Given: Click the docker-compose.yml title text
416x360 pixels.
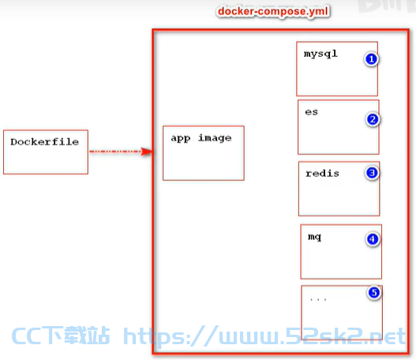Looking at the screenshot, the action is coord(273,11).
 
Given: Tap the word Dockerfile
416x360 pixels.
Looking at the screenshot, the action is coord(44,142).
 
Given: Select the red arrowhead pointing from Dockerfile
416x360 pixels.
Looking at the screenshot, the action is coord(147,152).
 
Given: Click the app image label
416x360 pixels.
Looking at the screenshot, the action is coord(201,138).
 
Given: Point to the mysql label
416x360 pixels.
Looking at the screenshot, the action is coord(320,54).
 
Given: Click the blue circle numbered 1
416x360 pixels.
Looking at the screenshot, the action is coord(372,59).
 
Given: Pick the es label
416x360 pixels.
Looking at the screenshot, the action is coord(312,112).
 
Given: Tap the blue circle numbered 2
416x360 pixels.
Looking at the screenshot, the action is coord(373,119).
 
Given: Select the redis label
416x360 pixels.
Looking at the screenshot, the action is coord(322,173).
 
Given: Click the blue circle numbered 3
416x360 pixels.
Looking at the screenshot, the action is coord(372,173).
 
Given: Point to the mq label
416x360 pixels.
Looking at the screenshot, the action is coord(314,237).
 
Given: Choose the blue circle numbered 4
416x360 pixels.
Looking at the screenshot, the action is coord(373,239).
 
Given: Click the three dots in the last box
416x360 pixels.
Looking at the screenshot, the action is coord(318,300).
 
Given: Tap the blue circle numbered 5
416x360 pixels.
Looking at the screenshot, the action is coord(374,293).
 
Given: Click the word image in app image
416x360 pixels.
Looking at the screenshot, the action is coord(215,138).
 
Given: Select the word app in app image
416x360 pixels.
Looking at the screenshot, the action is coord(181,139).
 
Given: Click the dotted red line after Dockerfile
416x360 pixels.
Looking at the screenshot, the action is coord(116,152).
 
